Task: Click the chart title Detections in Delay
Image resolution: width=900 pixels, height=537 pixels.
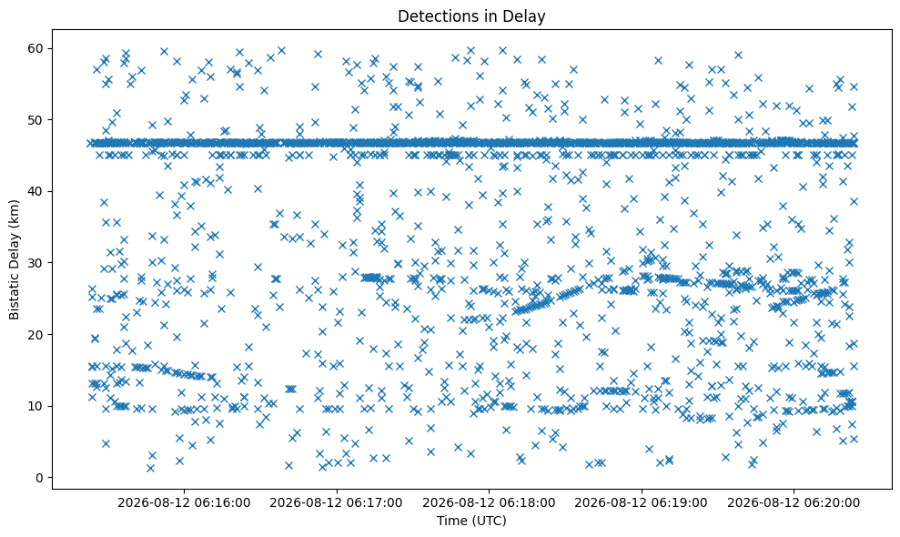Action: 471,16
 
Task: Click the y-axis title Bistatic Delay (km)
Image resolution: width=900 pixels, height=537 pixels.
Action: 15,259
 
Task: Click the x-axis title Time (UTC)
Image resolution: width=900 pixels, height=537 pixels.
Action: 471,521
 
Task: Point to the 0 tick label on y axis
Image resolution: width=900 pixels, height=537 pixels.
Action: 40,478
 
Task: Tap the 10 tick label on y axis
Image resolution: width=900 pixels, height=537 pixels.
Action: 36,406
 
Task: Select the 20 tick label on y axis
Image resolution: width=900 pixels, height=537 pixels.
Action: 36,334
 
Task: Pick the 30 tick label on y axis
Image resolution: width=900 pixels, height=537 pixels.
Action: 36,263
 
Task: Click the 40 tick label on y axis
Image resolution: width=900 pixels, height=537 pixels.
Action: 36,191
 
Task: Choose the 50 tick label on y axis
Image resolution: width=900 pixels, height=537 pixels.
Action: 36,120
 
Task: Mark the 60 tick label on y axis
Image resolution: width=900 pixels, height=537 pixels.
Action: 36,48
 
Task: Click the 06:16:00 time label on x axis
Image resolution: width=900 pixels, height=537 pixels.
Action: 184,503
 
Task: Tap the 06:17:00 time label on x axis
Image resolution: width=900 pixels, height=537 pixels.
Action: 337,503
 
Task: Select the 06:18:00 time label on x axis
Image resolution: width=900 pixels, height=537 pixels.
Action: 489,503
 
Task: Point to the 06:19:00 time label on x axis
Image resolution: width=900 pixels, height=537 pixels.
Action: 642,503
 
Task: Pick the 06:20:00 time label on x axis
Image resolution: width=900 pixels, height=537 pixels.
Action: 794,503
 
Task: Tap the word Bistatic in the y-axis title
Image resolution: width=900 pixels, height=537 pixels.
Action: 15,297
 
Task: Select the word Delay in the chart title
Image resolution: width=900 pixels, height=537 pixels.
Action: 527,16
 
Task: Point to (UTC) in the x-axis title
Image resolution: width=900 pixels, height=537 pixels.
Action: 489,522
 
